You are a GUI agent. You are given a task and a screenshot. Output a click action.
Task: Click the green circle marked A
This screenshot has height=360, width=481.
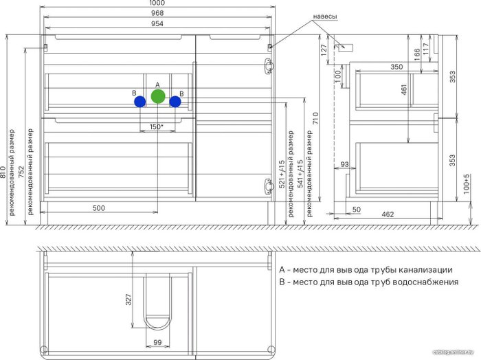[158, 96]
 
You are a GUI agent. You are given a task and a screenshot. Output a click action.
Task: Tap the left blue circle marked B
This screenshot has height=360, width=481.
[139, 102]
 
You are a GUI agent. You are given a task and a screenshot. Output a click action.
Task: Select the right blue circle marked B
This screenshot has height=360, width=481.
[175, 102]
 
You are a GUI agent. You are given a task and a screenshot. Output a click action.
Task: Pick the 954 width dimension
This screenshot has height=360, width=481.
[158, 24]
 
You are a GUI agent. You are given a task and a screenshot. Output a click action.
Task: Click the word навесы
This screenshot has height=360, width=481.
[325, 16]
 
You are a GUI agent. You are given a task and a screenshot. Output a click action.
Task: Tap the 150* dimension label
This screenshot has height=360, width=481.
[156, 126]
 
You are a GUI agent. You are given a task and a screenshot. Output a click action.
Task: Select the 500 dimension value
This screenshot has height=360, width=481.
[100, 207]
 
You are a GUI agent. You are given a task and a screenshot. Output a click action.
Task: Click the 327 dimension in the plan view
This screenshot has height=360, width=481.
[128, 300]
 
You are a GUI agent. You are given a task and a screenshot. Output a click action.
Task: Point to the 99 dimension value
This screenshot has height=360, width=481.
[157, 341]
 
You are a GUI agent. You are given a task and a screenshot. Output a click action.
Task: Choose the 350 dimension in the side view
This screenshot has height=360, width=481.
[396, 67]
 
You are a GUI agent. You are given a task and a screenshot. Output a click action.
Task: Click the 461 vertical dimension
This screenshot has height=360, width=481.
[404, 89]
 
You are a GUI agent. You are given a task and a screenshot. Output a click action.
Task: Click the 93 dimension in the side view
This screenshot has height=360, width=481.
[344, 164]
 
